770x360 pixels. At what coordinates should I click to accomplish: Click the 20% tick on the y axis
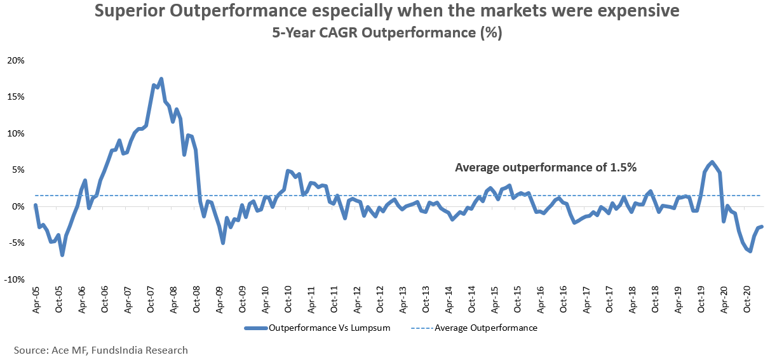(16, 60)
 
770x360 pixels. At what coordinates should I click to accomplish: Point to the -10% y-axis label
(15, 280)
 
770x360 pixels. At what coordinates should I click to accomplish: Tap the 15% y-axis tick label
(16, 97)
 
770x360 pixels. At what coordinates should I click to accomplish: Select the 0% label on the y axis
(18, 207)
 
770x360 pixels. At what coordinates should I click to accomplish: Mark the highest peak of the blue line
(161, 79)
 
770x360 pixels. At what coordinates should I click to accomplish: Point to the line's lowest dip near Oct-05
(62, 255)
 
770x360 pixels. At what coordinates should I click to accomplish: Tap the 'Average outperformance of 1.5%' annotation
(546, 168)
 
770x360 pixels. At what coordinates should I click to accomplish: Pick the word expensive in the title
(626, 11)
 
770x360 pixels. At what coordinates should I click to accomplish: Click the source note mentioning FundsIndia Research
(101, 350)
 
